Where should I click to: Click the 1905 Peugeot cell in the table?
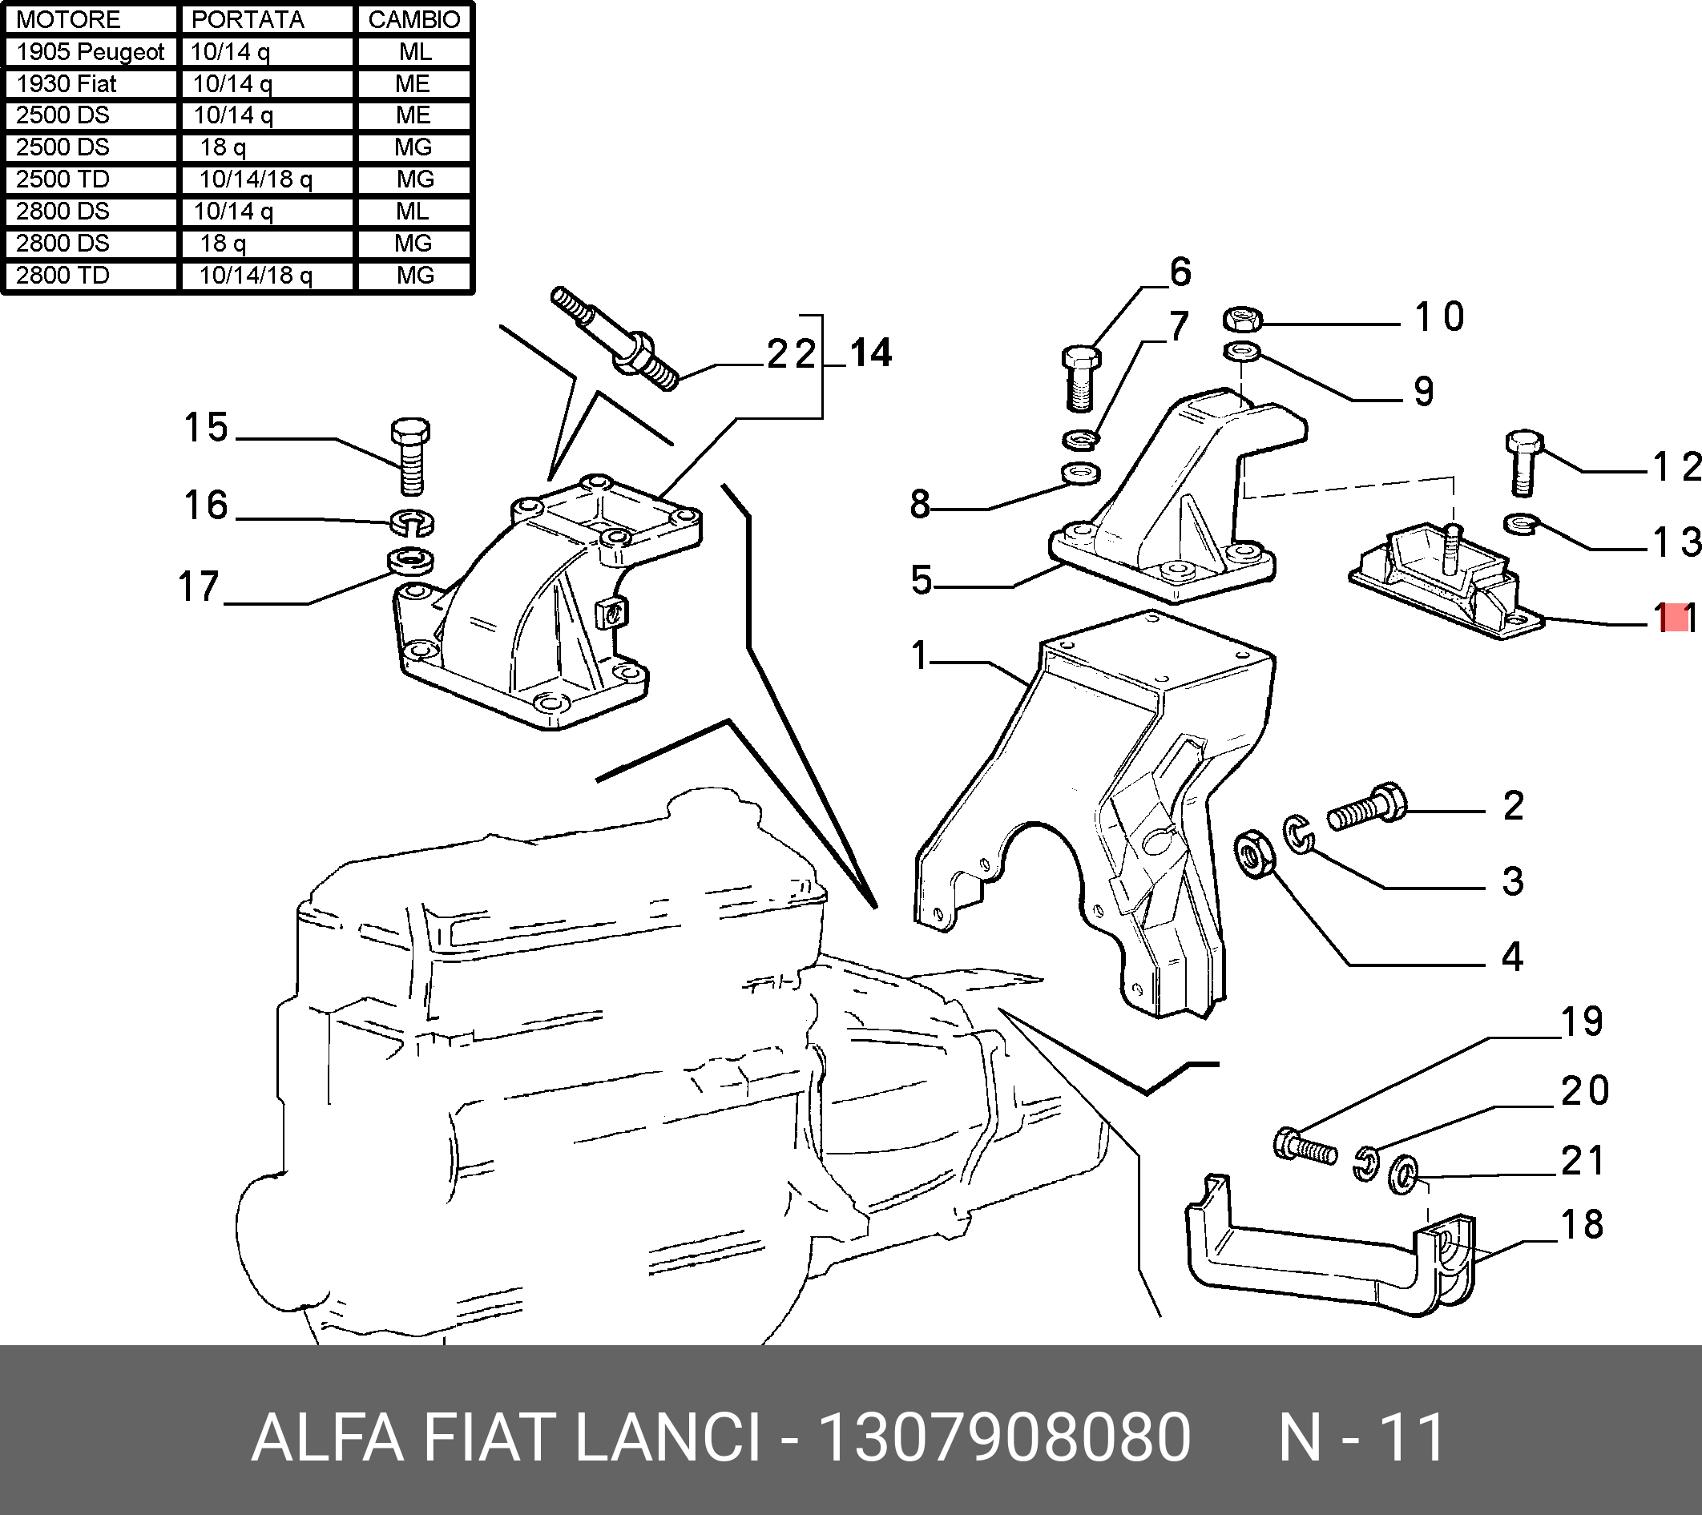tap(90, 51)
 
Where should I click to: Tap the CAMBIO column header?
tap(413, 19)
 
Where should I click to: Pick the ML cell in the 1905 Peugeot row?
tap(414, 51)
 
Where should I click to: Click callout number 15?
tap(206, 427)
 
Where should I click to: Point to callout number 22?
tap(792, 354)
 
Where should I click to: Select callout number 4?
tap(1512, 957)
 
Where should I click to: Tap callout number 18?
tap(1581, 1224)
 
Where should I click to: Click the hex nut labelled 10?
tap(1242, 319)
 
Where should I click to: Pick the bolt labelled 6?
tap(1081, 379)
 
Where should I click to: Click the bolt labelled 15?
tap(410, 457)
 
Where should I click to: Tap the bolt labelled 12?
tap(1524, 462)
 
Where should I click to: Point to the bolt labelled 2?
tap(1366, 807)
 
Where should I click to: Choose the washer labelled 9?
tap(1242, 353)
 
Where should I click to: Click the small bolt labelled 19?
tap(1304, 1146)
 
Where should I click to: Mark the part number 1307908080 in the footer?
tap(1004, 1437)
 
